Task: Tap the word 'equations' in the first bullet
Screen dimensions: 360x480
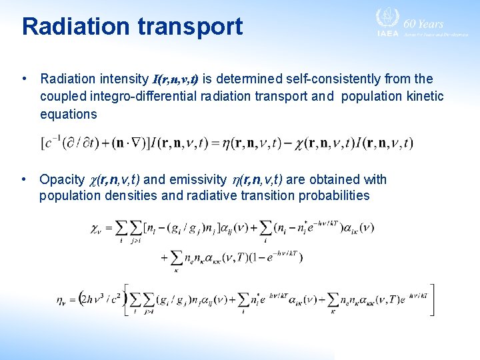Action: pos(68,114)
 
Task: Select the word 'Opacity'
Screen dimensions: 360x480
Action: pos(62,179)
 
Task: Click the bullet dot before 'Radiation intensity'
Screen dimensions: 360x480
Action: pos(25,79)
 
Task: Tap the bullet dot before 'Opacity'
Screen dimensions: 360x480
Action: pos(25,179)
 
